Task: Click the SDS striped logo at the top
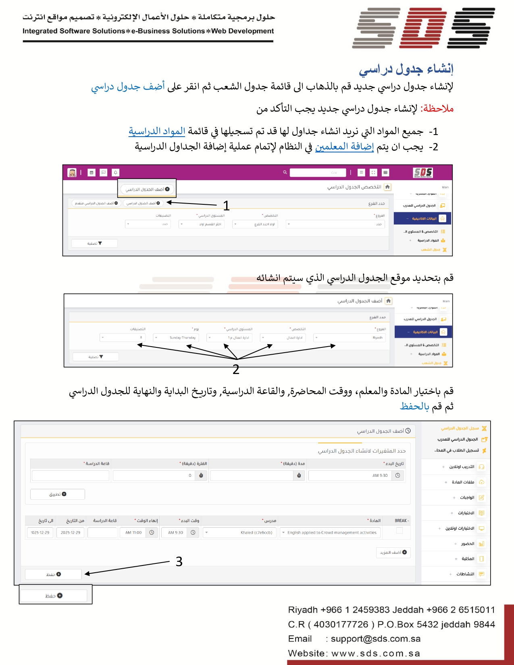[x=423, y=27]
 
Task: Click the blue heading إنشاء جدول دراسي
[x=406, y=69]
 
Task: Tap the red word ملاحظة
[x=437, y=109]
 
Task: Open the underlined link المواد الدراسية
[x=157, y=131]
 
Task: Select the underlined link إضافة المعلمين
[x=344, y=147]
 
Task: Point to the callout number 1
[x=227, y=206]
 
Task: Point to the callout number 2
[x=236, y=369]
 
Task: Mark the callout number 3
[x=179, y=561]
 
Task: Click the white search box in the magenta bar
[x=318, y=172]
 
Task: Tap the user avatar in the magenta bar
[x=72, y=172]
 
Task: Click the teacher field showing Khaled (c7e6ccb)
[x=240, y=532]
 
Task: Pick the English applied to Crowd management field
[x=329, y=532]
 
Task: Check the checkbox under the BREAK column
[x=400, y=531]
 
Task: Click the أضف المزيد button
[x=393, y=553]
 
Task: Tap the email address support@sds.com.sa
[x=375, y=639]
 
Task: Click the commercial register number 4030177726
[x=341, y=624]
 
